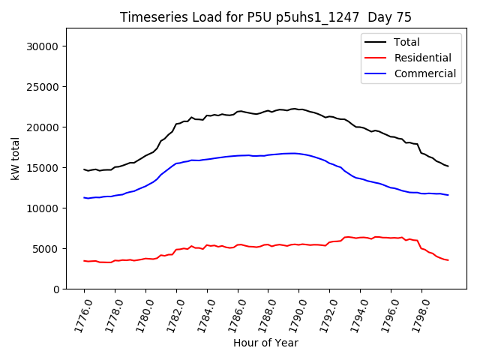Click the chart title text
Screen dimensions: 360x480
(265, 17)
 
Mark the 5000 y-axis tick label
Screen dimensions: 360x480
(47, 249)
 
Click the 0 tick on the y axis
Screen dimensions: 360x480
(57, 289)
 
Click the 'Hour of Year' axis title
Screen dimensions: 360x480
(265, 343)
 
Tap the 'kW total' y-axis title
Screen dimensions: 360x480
(15, 158)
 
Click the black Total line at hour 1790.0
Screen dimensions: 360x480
(298, 109)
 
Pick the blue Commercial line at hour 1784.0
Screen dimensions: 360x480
(207, 159)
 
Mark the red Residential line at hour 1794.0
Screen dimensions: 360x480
(360, 237)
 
